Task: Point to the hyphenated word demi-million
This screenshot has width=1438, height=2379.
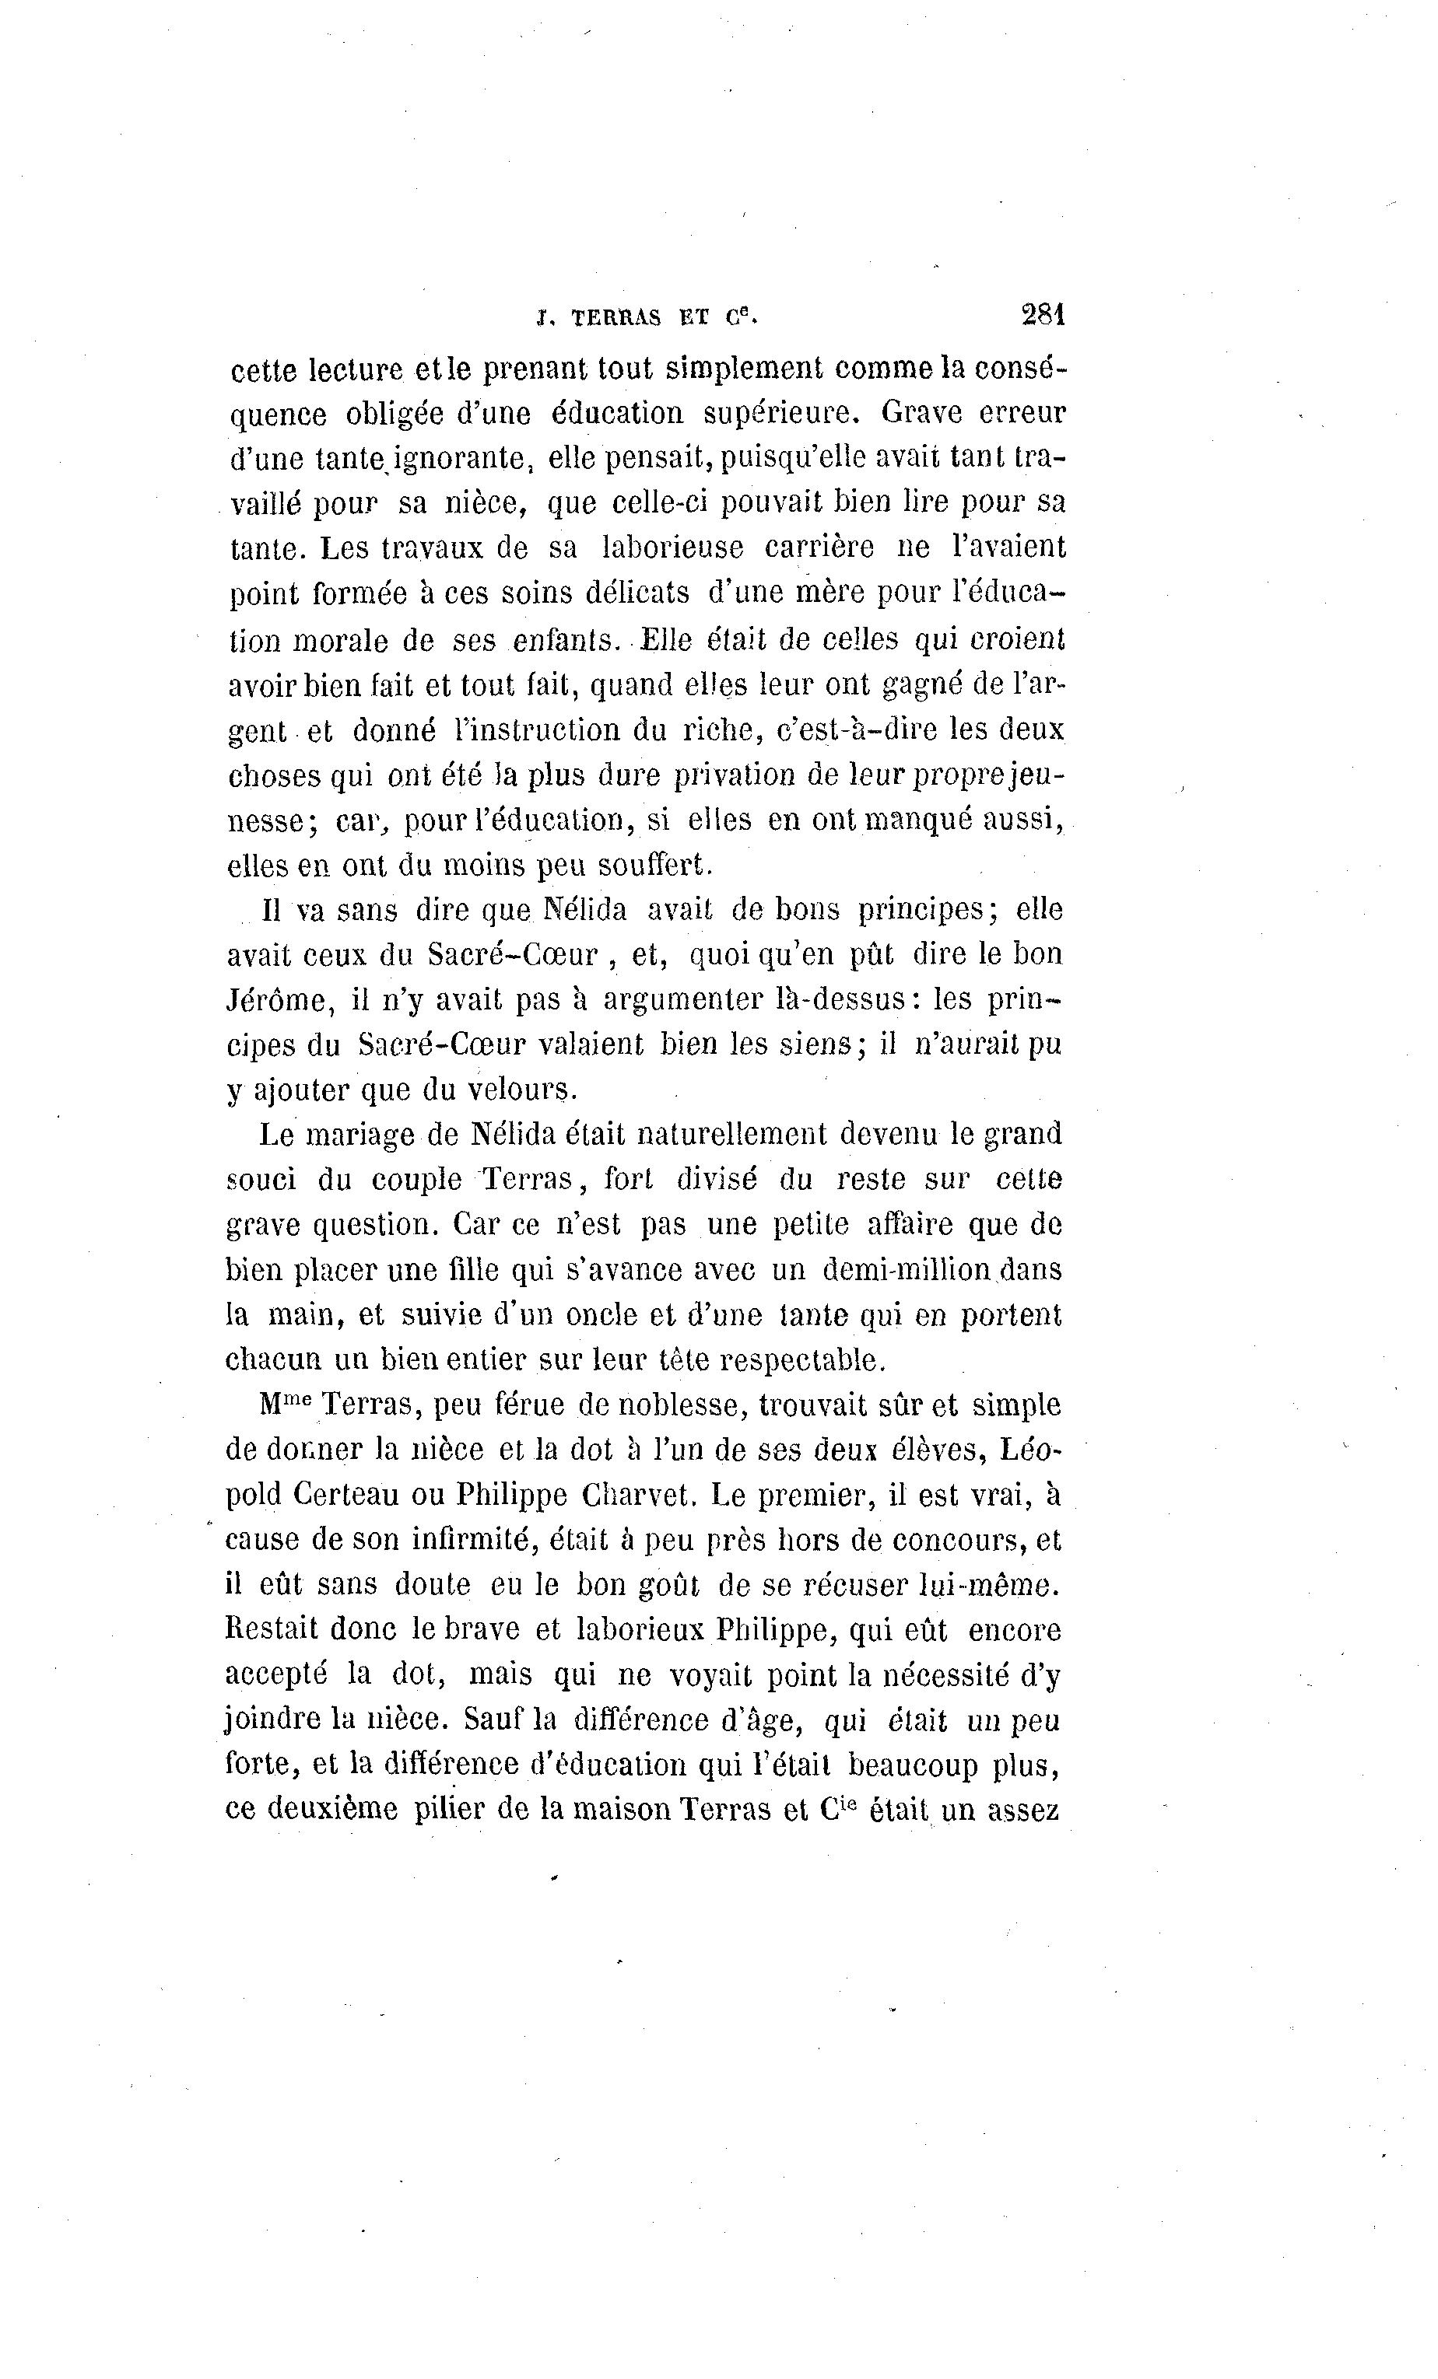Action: [x=907, y=1270]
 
